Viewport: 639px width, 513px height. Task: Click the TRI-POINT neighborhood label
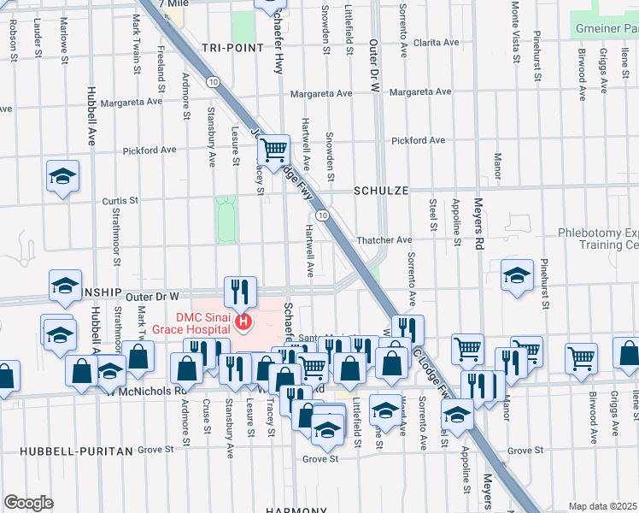click(233, 48)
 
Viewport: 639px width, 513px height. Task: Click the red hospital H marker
click(244, 322)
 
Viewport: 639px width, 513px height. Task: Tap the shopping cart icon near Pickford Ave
click(273, 150)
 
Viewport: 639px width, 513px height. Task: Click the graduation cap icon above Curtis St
click(62, 176)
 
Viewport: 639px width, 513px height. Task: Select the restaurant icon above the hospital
click(240, 291)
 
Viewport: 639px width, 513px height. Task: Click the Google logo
click(28, 502)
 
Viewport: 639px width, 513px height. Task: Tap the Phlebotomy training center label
click(598, 238)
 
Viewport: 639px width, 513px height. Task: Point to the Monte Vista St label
click(514, 34)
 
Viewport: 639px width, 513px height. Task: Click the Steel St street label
click(434, 220)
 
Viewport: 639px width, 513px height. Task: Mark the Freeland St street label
click(161, 64)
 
